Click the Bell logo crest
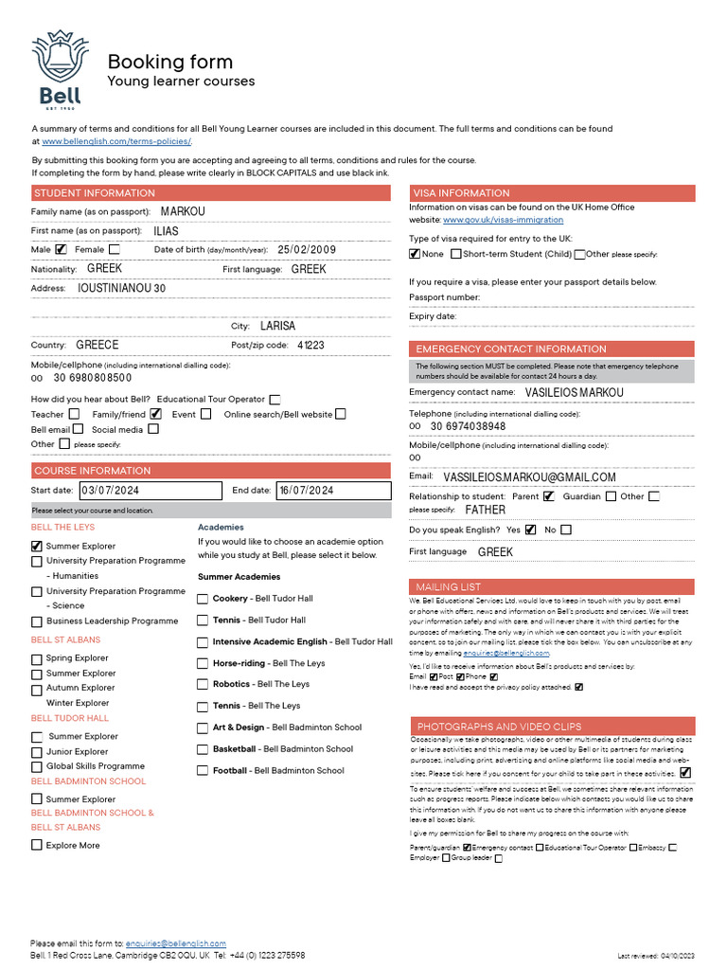(x=60, y=67)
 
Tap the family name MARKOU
(x=183, y=211)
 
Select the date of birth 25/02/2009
(x=307, y=250)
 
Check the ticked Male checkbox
(x=62, y=250)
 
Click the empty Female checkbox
(x=115, y=250)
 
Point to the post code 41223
(x=310, y=345)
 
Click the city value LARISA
(x=277, y=326)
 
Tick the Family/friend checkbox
(x=155, y=414)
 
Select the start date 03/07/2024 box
(x=150, y=491)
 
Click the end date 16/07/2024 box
(x=333, y=491)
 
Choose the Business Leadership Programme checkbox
(x=37, y=621)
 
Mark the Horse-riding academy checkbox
(x=203, y=663)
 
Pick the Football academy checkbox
(x=203, y=770)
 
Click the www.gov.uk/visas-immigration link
(x=492, y=220)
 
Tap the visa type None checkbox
(x=415, y=254)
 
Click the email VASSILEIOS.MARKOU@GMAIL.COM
(x=529, y=477)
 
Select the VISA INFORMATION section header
(x=551, y=193)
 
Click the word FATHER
(x=485, y=510)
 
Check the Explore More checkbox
(x=37, y=845)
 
